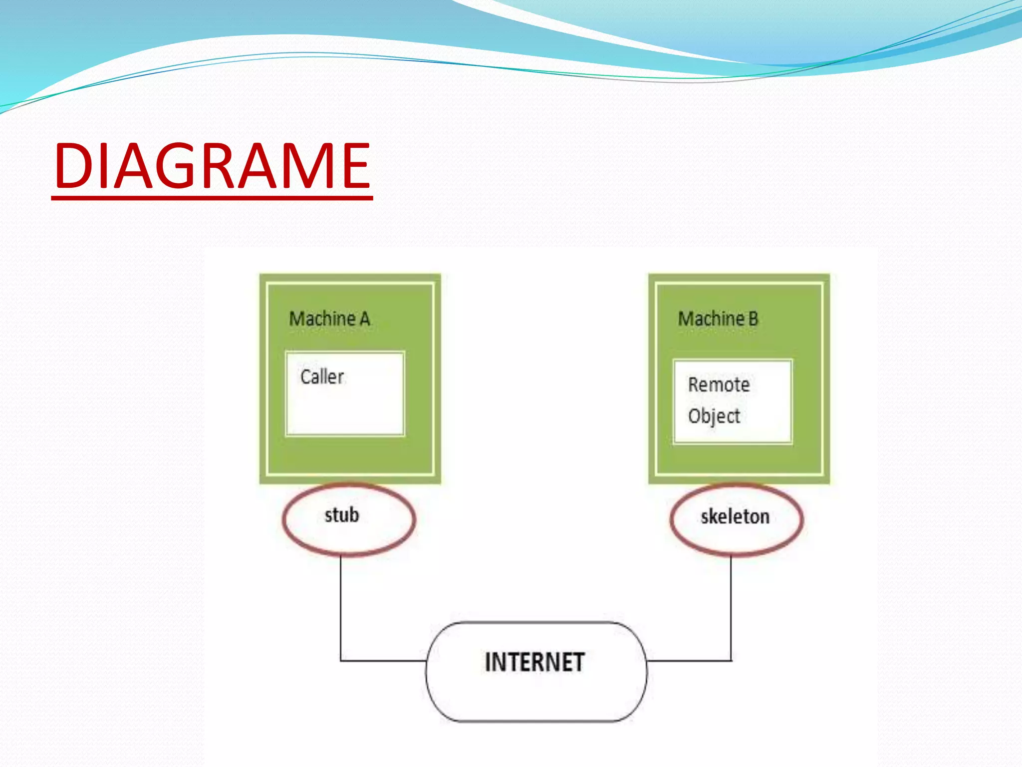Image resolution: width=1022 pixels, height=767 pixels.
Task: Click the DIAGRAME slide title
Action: pos(212,166)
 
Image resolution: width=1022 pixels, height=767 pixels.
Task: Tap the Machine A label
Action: pos(329,319)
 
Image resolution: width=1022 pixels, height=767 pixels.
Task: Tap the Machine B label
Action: pos(718,319)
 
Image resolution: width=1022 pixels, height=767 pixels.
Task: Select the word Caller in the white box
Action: pos(322,377)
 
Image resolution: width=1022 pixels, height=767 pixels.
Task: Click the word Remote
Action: pos(719,384)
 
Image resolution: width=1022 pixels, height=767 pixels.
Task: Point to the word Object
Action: pos(714,416)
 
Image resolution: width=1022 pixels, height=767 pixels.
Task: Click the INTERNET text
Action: pos(534,663)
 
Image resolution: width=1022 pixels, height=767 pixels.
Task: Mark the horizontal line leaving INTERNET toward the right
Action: pos(689,661)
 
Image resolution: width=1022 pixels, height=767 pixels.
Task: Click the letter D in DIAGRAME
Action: pos(75,166)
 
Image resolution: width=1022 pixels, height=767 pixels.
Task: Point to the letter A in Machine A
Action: pos(364,319)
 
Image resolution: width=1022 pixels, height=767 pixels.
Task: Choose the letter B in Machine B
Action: pos(753,319)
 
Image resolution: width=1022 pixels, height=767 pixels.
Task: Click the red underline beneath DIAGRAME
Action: pos(212,198)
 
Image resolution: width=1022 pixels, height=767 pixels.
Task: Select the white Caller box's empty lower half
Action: pos(344,414)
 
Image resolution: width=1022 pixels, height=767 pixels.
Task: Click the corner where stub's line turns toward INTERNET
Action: pos(341,661)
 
